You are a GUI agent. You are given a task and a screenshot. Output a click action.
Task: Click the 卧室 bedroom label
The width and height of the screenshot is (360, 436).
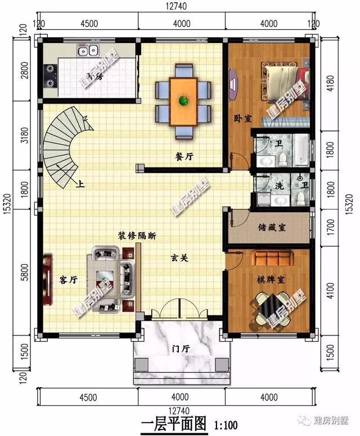tap(242, 119)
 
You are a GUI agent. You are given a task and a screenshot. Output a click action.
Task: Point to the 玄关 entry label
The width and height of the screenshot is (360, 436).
tap(179, 258)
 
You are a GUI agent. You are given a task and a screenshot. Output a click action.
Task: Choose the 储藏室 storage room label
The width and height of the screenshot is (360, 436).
tap(272, 227)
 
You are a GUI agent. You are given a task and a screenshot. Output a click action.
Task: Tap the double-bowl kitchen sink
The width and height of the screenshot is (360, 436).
tap(88, 51)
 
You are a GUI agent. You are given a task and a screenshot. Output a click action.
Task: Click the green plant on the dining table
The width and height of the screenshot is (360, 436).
tap(183, 101)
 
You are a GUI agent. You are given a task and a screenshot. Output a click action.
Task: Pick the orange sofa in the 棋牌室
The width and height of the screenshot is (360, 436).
tap(272, 258)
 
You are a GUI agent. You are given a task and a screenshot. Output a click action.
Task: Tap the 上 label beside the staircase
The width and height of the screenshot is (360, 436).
tap(81, 183)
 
